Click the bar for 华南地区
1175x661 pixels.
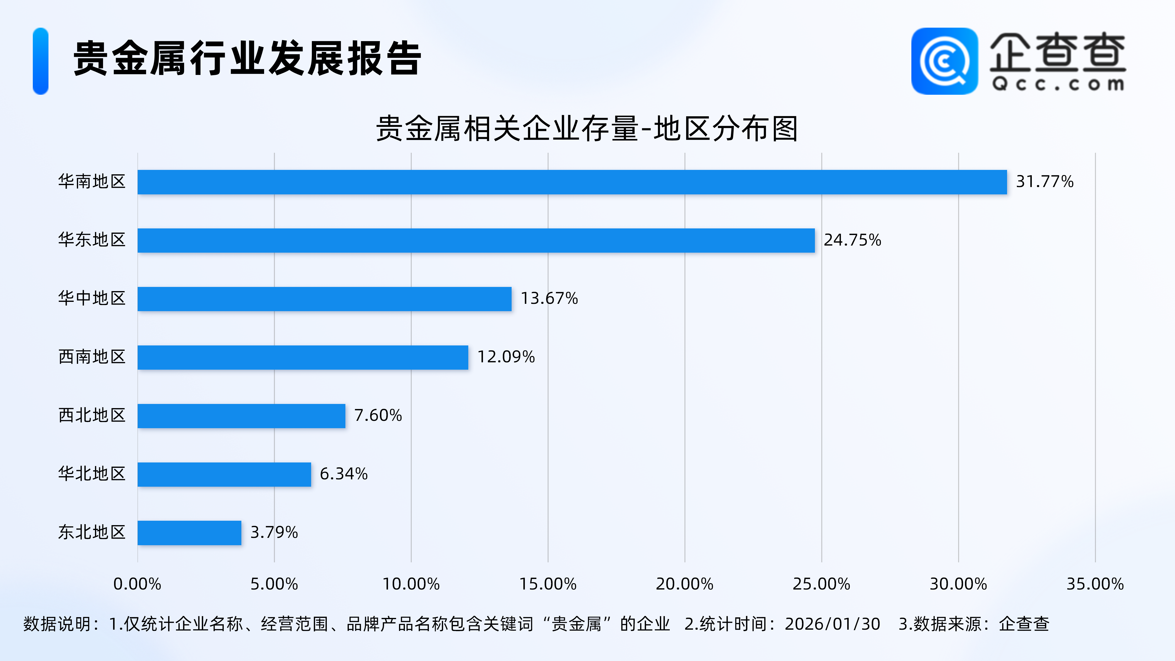point(572,182)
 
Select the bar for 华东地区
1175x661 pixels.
point(476,240)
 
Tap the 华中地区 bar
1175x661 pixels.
point(324,299)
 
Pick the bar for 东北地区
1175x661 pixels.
point(189,532)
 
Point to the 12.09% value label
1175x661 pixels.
point(505,357)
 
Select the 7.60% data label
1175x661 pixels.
point(378,415)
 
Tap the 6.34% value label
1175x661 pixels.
point(343,473)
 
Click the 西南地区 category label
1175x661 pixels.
point(92,357)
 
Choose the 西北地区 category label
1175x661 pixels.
point(92,415)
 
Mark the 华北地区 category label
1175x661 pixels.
point(92,473)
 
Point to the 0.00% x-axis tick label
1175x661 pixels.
point(137,584)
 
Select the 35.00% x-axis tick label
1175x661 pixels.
point(1095,584)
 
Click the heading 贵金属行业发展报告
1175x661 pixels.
point(247,59)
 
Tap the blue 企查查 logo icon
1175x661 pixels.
point(944,61)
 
